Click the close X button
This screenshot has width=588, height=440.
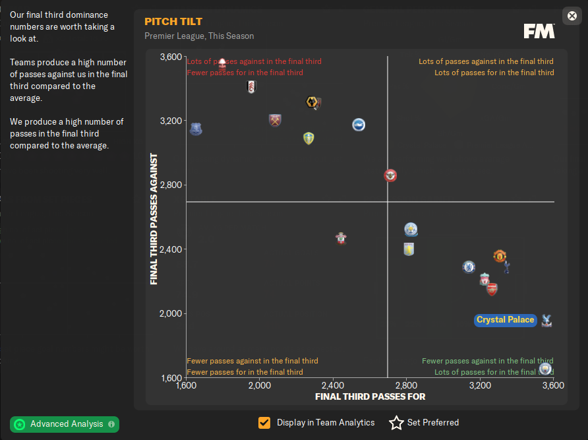coord(571,16)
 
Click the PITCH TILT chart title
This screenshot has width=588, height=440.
coord(173,22)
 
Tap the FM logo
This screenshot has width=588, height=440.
coord(539,31)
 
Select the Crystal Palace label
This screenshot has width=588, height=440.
coord(506,320)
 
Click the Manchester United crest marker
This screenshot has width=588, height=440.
coord(500,256)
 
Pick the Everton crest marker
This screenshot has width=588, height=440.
coord(196,129)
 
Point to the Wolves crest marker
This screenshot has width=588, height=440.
coord(314,102)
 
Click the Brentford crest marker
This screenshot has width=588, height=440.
coord(390,175)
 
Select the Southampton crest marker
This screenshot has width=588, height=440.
coord(341,237)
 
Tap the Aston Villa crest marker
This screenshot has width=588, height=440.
coord(409,249)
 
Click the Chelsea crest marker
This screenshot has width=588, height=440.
coord(469,267)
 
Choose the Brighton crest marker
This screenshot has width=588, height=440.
coord(358,125)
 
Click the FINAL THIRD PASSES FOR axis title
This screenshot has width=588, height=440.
coord(370,396)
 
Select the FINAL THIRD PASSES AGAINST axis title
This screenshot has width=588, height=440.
coord(154,219)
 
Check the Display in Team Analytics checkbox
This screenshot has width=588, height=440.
coord(264,423)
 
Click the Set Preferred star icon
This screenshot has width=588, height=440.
coord(396,423)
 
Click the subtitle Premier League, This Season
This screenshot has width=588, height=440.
coord(199,36)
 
